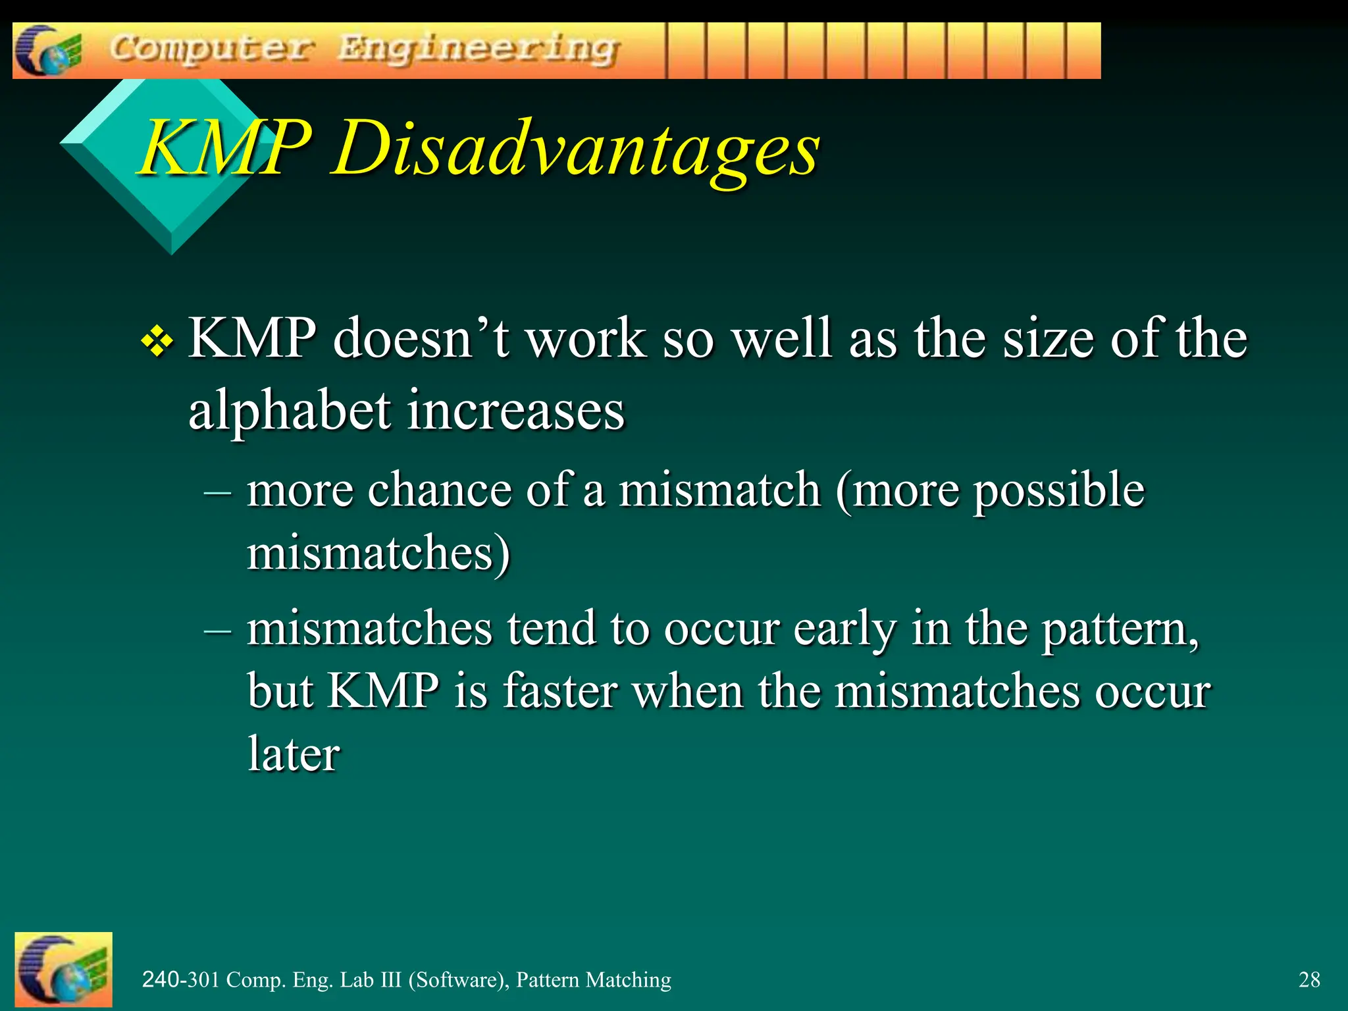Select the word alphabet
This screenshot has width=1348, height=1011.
(x=290, y=411)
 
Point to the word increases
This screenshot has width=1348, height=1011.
(x=515, y=411)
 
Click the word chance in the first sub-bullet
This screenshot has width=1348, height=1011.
(x=439, y=490)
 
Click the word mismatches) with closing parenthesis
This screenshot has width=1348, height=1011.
(x=378, y=553)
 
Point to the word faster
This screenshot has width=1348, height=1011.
(x=560, y=691)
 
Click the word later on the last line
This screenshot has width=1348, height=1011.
(x=294, y=754)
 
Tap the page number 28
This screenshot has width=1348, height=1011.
(x=1309, y=979)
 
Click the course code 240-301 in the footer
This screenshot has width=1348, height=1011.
(x=180, y=979)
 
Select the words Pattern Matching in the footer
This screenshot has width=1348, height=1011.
(x=593, y=979)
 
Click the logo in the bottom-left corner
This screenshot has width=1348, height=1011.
(x=63, y=969)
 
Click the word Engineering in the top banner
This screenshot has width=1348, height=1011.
(x=479, y=50)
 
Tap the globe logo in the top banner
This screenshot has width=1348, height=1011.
(x=47, y=51)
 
